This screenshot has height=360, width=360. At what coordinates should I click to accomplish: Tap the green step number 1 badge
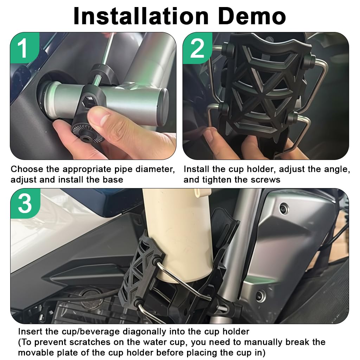coord(23,49)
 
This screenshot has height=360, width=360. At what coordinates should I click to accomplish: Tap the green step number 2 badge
coord(197,49)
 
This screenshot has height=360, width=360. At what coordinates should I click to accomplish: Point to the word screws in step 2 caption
coord(266,180)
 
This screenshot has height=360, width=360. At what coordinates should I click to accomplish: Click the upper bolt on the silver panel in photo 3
coord(283,209)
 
